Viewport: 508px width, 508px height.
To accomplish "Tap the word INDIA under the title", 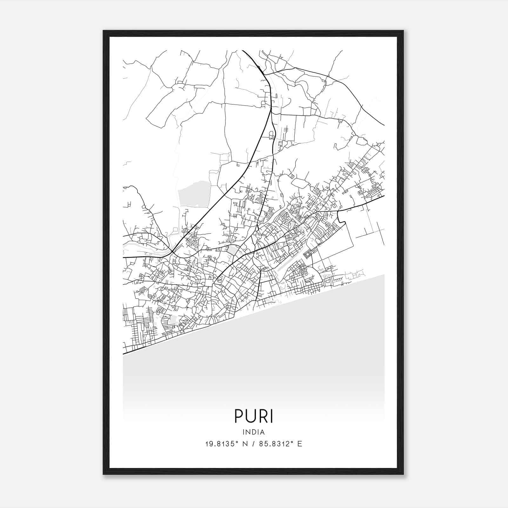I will point(254,432).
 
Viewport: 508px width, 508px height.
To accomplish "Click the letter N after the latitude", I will point(244,444).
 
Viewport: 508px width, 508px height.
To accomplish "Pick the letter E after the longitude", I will point(300,444).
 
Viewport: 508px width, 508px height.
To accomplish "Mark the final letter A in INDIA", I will point(263,432).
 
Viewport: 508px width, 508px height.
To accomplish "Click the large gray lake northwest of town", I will point(194,193).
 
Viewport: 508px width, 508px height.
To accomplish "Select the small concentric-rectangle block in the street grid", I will point(308,254).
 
